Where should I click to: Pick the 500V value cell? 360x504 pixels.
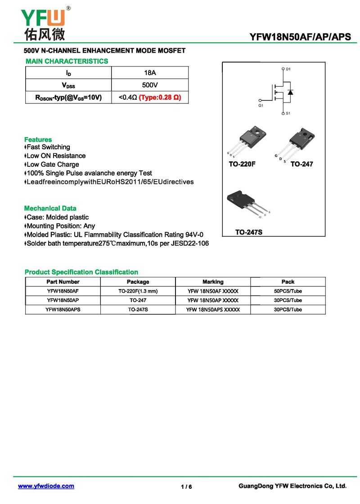coord(149,85)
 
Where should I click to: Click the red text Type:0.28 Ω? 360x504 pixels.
coord(160,98)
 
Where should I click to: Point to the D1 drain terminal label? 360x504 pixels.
coord(288,69)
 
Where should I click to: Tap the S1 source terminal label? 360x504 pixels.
coord(288,113)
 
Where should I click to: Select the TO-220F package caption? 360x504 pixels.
coord(242,165)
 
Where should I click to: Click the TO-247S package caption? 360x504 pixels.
coord(248,232)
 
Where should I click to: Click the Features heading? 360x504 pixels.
coord(38,139)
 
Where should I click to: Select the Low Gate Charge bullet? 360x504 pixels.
coord(52,165)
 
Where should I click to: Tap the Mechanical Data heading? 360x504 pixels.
coord(50,208)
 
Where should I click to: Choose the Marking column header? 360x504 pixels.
coord(213,282)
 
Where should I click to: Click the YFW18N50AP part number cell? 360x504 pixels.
coord(63,300)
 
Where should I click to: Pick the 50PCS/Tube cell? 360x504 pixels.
coord(288,291)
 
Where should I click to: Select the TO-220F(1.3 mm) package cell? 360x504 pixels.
coord(138,291)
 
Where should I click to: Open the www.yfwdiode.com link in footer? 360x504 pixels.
coord(46,486)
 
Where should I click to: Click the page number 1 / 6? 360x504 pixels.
coord(186,487)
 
